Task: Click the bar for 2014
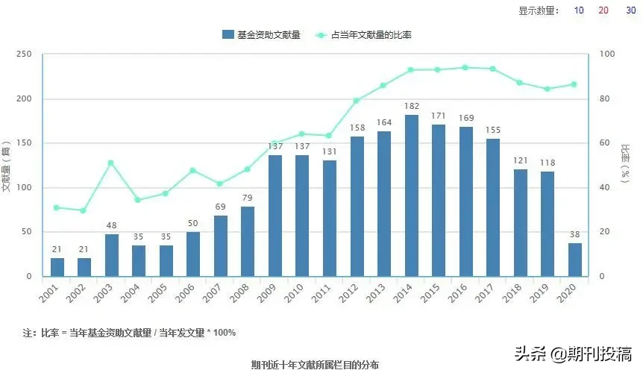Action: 411,195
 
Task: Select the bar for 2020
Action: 574,260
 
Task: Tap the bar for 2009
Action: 275,216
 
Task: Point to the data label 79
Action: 248,198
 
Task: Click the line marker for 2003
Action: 111,163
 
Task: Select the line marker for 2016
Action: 465,67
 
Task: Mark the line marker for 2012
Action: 357,101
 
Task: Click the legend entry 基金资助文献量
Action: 261,34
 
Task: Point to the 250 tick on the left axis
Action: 24,54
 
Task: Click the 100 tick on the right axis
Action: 607,54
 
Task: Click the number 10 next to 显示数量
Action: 579,10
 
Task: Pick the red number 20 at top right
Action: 603,10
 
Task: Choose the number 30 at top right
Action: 630,10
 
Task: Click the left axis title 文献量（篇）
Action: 7,166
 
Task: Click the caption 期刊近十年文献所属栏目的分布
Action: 316,365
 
